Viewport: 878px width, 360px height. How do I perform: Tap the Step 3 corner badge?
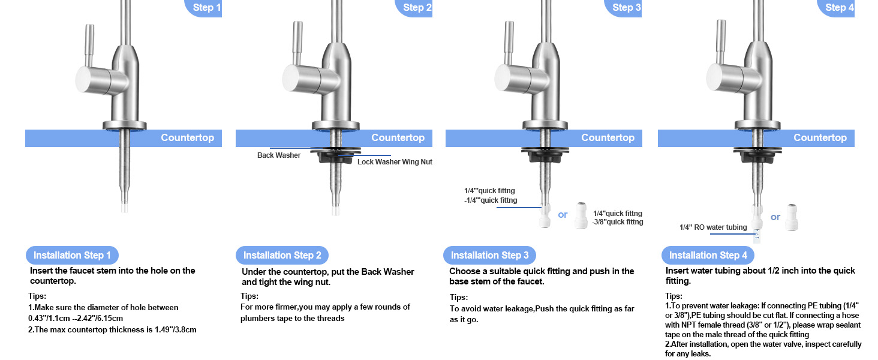(626, 8)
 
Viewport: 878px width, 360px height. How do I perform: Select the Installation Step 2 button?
(282, 255)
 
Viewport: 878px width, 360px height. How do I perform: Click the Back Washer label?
(279, 155)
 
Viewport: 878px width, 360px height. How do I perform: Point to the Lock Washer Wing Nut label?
(395, 162)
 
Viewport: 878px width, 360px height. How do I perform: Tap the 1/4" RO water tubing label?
(713, 227)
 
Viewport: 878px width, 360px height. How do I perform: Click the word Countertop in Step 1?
(187, 138)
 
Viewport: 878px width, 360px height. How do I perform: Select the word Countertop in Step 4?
(819, 138)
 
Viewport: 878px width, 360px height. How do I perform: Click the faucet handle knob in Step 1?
(92, 80)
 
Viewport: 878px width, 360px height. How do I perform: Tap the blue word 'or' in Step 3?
(563, 215)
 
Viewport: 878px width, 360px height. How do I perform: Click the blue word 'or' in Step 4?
(775, 217)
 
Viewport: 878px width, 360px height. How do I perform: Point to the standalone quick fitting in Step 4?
(794, 216)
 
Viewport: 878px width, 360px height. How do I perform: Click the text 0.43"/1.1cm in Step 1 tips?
(50, 318)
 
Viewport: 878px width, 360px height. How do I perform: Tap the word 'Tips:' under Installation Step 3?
(459, 298)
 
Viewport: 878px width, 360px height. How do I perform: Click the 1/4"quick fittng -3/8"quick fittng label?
(618, 218)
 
